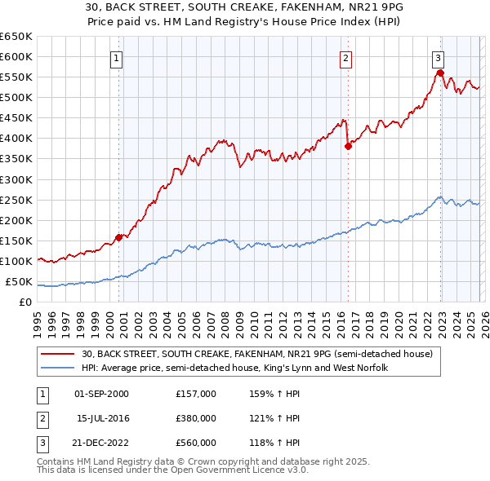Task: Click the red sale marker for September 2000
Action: pyautogui.click(x=119, y=237)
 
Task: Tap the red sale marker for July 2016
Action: pyautogui.click(x=348, y=146)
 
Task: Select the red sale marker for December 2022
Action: pyautogui.click(x=440, y=73)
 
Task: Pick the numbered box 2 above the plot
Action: pyautogui.click(x=346, y=58)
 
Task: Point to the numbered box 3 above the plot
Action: pyautogui.click(x=439, y=58)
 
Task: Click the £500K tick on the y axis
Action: pyautogui.click(x=16, y=98)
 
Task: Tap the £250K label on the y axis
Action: pyautogui.click(x=16, y=200)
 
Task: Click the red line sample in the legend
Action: pyautogui.click(x=59, y=353)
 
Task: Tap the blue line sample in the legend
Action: pyautogui.click(x=59, y=368)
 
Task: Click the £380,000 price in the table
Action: pyautogui.click(x=195, y=418)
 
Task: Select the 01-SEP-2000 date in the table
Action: pyautogui.click(x=101, y=394)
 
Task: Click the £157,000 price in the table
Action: pyautogui.click(x=195, y=394)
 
